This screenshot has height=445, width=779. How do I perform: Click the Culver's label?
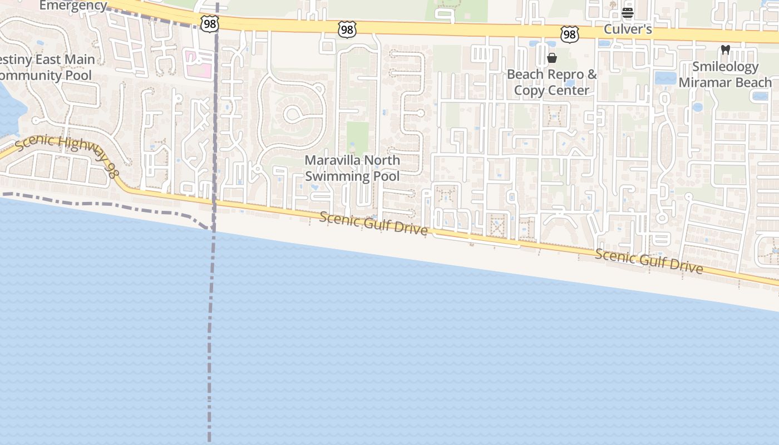coord(628,29)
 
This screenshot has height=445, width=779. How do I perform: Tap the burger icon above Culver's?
coord(628,12)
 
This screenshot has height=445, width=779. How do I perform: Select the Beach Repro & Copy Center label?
coord(551,82)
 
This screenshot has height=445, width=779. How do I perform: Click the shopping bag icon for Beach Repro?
coord(552,58)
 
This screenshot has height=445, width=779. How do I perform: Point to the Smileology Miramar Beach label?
coord(725,75)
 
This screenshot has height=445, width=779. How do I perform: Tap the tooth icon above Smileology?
coord(725,50)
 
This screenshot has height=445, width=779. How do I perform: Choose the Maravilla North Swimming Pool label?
coord(352,168)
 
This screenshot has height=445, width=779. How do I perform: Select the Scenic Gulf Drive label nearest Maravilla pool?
coord(373,222)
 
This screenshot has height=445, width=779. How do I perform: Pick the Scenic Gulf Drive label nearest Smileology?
coord(649,261)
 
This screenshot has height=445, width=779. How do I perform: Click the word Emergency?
coord(73,6)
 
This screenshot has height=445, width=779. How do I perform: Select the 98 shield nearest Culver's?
coord(570,35)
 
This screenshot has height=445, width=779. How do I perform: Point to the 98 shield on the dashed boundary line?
coord(209,24)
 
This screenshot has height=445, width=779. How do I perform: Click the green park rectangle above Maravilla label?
coord(357,137)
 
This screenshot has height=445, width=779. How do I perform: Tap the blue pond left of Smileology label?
coord(665,77)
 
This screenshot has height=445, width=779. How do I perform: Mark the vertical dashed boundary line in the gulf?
coord(210,334)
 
